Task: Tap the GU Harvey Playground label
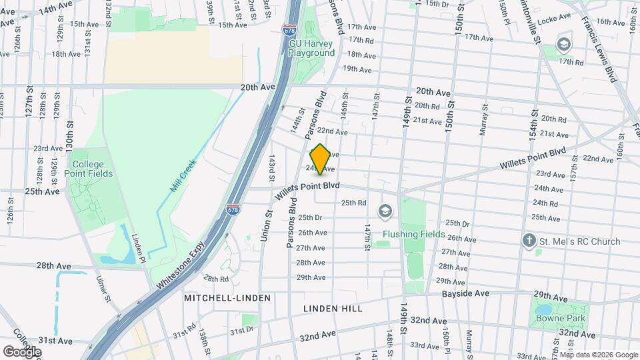coord(311,48)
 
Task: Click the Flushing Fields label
coord(413,234)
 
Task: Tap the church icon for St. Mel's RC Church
coord(529,241)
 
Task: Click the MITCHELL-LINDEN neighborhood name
coord(227,298)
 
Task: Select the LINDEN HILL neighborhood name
coord(333,309)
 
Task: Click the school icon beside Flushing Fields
coord(384,211)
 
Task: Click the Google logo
coord(22,351)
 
